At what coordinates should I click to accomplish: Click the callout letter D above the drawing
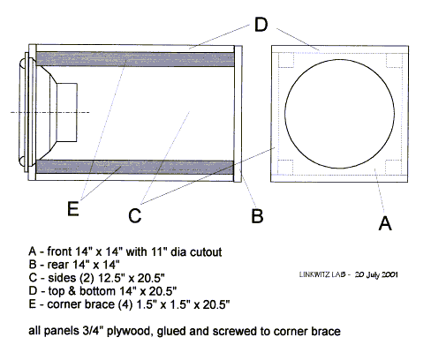click(261, 25)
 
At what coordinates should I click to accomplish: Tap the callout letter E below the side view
click(73, 209)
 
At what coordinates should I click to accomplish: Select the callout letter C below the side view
click(135, 215)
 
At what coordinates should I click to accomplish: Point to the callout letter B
click(257, 215)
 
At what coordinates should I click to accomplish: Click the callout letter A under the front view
click(385, 223)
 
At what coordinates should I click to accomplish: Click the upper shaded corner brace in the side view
click(135, 59)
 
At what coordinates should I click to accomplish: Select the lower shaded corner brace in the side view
click(135, 167)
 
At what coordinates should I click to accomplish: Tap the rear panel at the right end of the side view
click(238, 114)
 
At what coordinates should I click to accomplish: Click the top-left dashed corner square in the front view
click(286, 60)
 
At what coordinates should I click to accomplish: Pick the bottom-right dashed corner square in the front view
click(393, 167)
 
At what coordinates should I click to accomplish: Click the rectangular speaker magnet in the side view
click(67, 112)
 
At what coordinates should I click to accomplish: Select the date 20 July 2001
click(376, 274)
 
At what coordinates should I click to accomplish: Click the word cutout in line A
click(206, 252)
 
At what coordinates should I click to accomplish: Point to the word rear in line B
click(57, 265)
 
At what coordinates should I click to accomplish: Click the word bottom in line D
click(97, 291)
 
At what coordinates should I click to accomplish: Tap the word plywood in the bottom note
click(128, 331)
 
